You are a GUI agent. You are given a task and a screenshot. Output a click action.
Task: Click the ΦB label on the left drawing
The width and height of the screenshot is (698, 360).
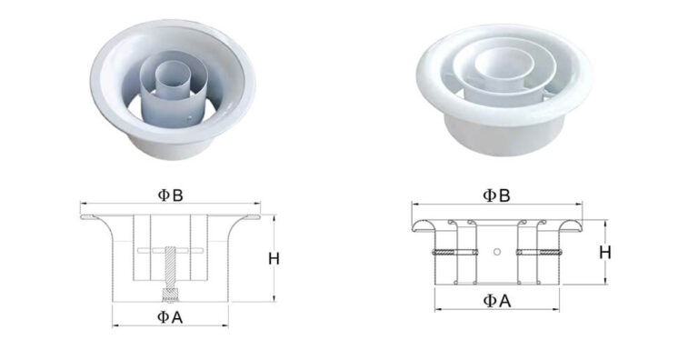[170, 194]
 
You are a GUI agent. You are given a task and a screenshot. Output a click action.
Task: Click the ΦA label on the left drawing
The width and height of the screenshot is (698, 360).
[170, 316]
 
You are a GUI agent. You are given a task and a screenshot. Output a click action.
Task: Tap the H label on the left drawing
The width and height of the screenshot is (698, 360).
[274, 258]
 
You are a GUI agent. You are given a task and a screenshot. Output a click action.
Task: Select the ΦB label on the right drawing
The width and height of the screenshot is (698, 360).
[495, 195]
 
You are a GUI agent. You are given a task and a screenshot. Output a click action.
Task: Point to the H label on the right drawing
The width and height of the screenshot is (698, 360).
[604, 252]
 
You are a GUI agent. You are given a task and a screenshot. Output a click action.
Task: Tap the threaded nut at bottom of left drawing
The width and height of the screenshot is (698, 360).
[170, 295]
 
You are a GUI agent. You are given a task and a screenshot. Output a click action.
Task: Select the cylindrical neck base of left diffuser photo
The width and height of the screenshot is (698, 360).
[173, 141]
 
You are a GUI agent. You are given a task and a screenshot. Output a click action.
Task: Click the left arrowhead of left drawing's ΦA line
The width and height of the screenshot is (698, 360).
[115, 325]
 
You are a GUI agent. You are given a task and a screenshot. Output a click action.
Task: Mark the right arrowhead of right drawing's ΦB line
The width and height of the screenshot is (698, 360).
[580, 205]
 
